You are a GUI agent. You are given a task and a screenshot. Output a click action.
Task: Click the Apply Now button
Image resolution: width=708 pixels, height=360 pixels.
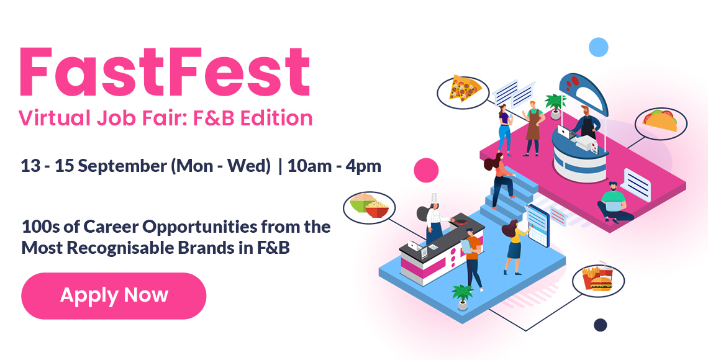point(114,295)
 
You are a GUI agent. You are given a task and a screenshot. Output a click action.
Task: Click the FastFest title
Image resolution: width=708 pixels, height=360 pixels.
point(165,71)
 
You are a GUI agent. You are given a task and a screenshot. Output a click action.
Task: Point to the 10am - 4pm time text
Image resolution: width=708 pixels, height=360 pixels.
point(334,166)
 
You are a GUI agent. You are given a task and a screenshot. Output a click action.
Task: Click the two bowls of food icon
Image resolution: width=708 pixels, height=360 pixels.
point(370,206)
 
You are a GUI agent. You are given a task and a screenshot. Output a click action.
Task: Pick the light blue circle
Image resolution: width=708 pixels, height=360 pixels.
point(599,47)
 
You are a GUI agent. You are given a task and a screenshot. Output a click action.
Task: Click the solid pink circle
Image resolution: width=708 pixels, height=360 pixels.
point(426,170)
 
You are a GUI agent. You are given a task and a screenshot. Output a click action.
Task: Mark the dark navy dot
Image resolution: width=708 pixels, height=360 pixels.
point(600,325)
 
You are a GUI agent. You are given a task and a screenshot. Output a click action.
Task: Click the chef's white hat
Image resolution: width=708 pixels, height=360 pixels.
point(435,198)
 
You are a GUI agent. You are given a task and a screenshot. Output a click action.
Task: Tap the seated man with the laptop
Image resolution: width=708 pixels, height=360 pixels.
point(614,203)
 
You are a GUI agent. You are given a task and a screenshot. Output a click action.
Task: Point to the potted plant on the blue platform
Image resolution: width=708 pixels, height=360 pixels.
point(462,297)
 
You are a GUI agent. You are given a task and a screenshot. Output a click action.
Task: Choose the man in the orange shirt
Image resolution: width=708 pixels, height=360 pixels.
point(472,259)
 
